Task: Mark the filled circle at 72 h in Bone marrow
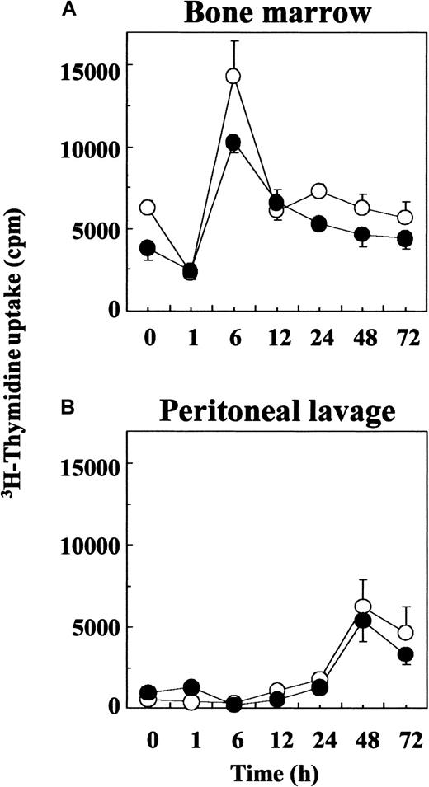pyautogui.click(x=405, y=239)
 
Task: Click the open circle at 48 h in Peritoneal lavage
pyautogui.click(x=362, y=607)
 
